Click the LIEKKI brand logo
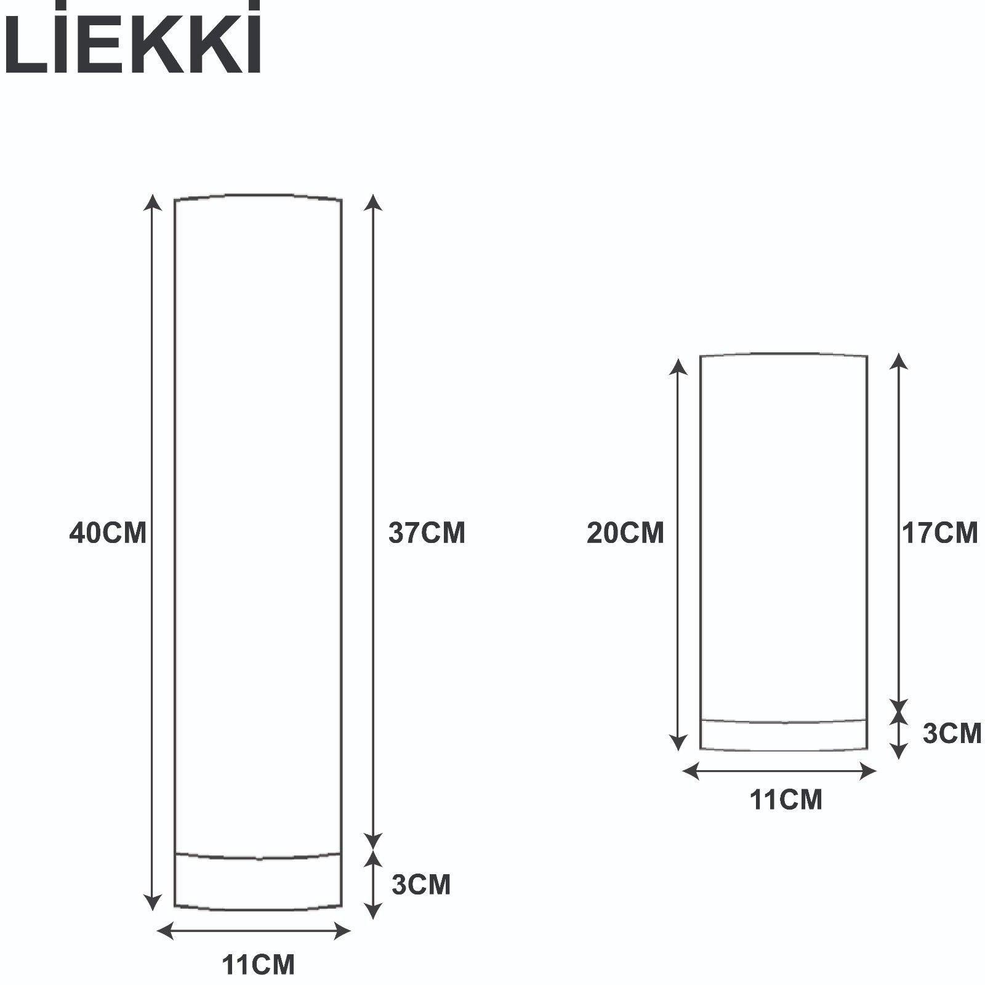tap(132, 38)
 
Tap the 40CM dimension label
tap(108, 533)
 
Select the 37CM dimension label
tap(427, 533)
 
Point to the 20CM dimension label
tap(625, 533)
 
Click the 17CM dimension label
tap(940, 533)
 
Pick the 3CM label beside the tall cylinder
tap(421, 885)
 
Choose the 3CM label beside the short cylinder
tap(952, 733)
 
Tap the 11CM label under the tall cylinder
tap(259, 965)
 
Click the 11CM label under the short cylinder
tap(786, 800)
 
